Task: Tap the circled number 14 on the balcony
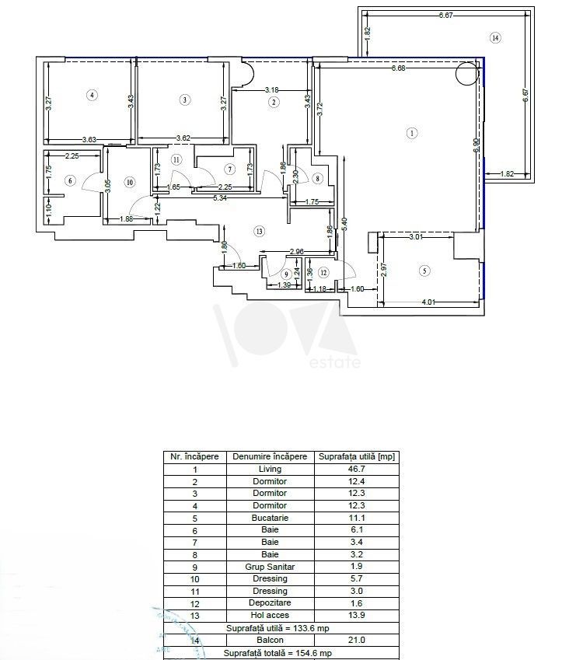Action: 495,37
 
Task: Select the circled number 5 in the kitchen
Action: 424,271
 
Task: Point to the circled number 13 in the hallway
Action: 259,230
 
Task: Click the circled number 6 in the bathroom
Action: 70,181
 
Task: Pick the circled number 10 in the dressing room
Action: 130,183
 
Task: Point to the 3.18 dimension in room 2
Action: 271,89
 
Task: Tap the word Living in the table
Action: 270,470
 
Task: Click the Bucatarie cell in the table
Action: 270,518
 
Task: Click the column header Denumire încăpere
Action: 270,457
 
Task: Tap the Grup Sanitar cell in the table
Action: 270,567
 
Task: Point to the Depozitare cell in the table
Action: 270,603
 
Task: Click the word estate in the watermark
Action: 335,362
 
